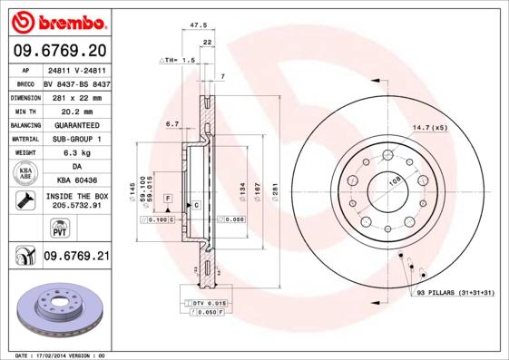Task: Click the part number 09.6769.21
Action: click(75, 257)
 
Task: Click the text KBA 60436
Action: click(75, 181)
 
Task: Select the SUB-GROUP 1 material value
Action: click(75, 139)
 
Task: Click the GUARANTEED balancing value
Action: click(75, 124)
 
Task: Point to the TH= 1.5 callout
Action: click(178, 60)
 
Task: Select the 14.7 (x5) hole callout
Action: click(430, 127)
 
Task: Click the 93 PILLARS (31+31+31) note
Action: click(457, 293)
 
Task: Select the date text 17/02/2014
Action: click(61, 355)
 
